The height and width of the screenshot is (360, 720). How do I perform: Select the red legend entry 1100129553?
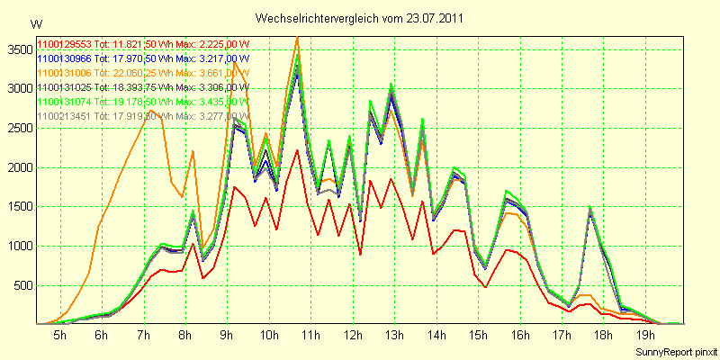142,44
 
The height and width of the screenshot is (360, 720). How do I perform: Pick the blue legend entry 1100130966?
142,58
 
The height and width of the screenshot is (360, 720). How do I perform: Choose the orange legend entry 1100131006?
142,73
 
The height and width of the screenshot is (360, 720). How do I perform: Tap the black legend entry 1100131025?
142,87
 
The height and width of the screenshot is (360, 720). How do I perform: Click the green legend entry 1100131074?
142,102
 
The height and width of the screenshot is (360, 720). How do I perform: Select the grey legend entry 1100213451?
142,116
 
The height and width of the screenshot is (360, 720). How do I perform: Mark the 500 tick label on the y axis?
21,285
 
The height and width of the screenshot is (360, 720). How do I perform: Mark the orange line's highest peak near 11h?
297,37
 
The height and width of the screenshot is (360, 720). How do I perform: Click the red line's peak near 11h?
297,149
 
